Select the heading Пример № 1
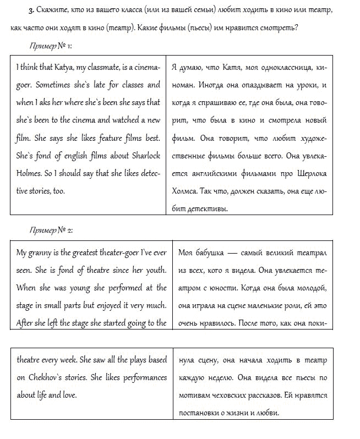click(x=52, y=46)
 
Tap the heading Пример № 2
click(x=52, y=230)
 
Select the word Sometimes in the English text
click(x=58, y=85)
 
